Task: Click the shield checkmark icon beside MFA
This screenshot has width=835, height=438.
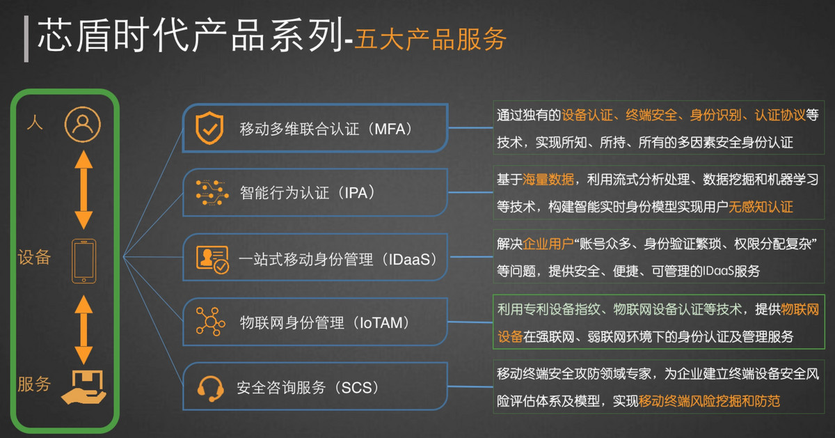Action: coord(209,127)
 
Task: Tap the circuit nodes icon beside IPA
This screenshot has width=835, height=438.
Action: coord(212,192)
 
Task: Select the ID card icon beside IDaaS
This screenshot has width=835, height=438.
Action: coord(212,260)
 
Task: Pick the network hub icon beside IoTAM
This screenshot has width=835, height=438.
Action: coord(211,322)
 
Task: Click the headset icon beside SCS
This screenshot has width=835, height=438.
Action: coord(211,389)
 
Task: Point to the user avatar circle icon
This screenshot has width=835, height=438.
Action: coord(83,124)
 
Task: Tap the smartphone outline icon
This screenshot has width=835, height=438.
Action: coord(84,261)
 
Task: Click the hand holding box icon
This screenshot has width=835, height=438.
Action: coord(84,387)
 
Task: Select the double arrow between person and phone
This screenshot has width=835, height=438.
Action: coord(84,189)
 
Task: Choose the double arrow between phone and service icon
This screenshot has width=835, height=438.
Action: coord(84,329)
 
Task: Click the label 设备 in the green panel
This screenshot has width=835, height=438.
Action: coord(34,257)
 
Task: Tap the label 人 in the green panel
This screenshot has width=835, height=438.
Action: coord(35,122)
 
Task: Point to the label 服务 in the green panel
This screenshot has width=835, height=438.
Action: coord(34,384)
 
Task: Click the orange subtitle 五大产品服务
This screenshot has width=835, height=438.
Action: coord(430,39)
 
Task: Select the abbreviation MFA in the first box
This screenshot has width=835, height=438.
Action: coord(390,129)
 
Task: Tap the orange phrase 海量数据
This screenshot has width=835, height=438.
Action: coord(548,180)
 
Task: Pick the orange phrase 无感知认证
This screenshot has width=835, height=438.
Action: coord(761,207)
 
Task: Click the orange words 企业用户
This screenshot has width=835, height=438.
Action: coord(548,244)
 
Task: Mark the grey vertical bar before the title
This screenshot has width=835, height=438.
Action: coord(26,39)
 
